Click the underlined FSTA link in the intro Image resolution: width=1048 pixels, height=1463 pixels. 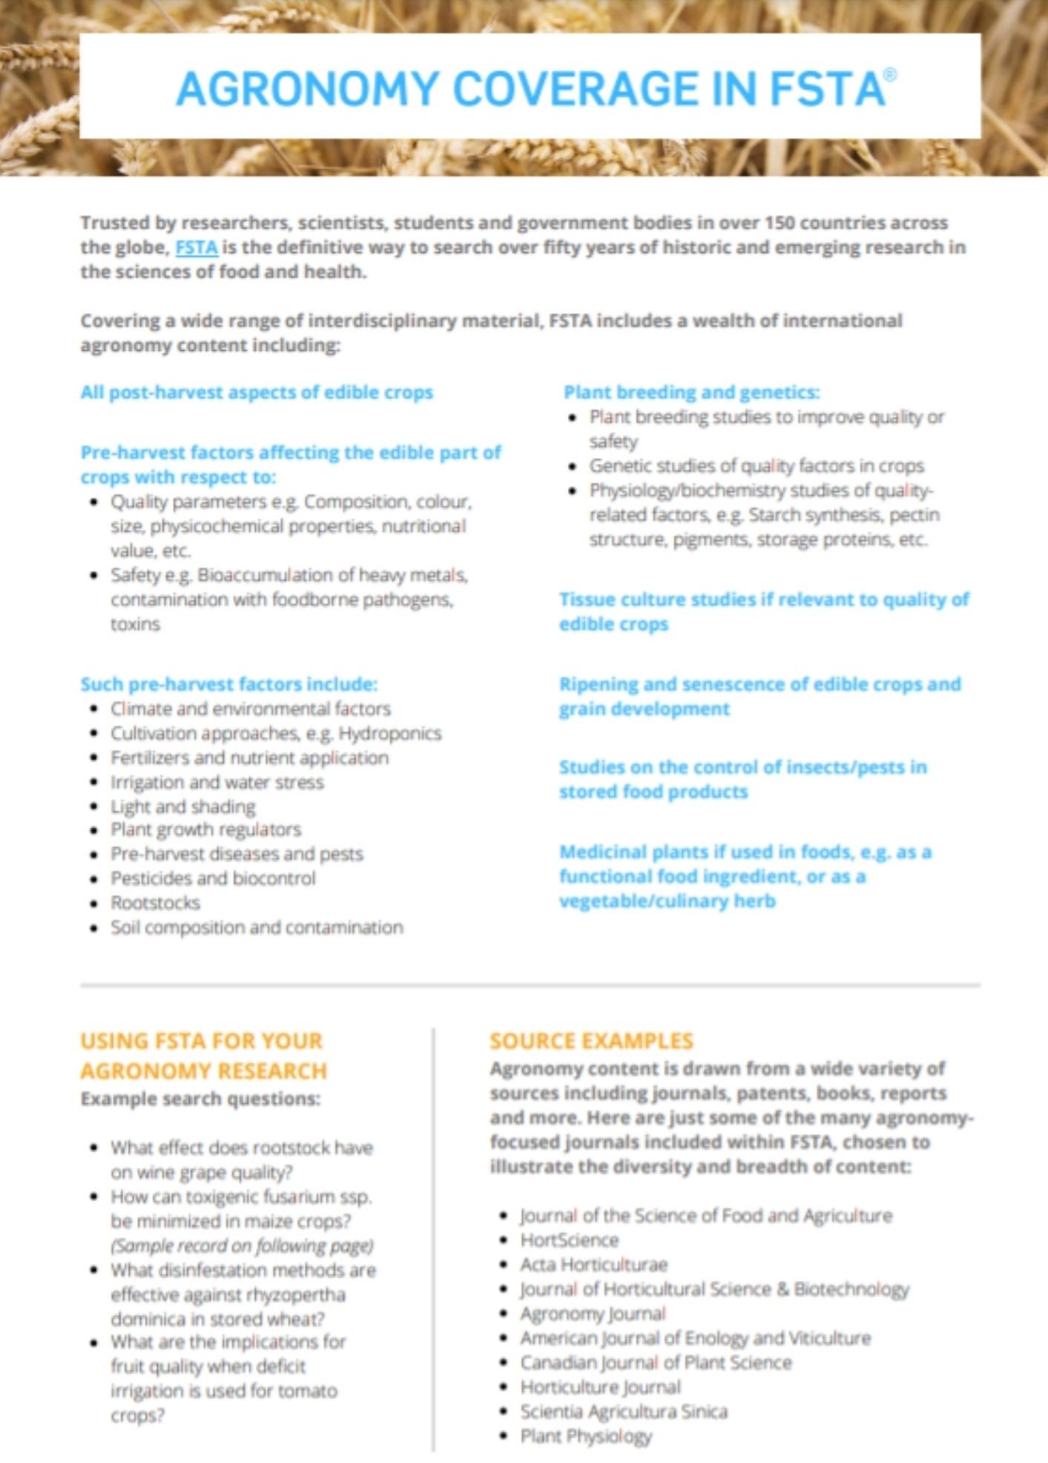(196, 247)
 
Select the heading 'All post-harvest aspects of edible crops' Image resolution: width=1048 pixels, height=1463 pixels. (257, 392)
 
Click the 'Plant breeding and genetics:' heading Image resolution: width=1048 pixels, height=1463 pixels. (691, 392)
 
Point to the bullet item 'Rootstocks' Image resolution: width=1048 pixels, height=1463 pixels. (155, 903)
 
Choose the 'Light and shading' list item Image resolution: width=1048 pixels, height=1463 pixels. (182, 806)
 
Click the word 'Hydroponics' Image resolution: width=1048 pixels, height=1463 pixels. (390, 734)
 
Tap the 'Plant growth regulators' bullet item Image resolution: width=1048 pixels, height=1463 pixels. (205, 829)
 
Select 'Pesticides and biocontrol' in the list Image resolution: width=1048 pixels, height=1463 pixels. (213, 878)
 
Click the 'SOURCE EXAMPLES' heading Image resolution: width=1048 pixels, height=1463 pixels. (591, 1041)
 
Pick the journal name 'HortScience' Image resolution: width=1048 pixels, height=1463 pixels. (569, 1240)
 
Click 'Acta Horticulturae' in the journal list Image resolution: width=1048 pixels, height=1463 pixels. (593, 1264)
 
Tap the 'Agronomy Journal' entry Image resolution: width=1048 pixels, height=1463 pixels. (593, 1314)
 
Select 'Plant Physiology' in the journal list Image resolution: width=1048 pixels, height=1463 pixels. (585, 1436)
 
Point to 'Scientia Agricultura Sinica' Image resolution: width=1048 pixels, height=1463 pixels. (623, 1411)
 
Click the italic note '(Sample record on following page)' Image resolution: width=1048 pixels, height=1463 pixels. (242, 1246)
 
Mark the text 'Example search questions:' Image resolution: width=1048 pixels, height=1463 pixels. (200, 1099)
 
